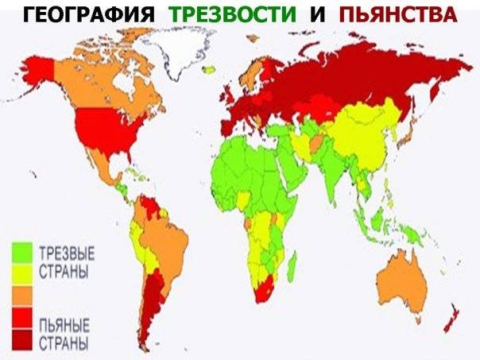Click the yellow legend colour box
click(x=21, y=275)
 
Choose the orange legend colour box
click(x=21, y=295)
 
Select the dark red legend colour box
click(x=21, y=342)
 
